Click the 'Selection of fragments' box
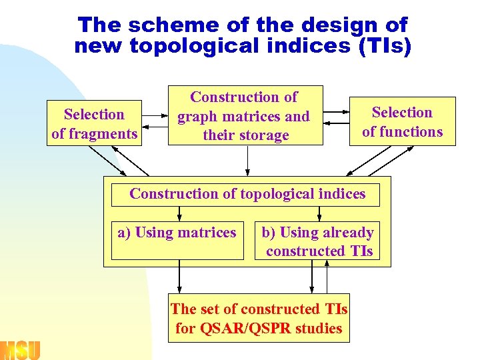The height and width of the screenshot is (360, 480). tap(94, 124)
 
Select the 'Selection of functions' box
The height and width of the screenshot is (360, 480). tap(402, 121)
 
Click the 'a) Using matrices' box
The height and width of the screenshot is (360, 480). tap(177, 240)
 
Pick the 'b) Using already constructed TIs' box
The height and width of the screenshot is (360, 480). tap(317, 241)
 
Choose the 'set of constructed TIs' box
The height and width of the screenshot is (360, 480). tap(259, 319)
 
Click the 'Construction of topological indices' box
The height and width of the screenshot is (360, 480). tap(247, 194)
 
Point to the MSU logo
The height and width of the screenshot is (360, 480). tap(20, 349)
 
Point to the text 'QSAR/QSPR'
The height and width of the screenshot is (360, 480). tap(247, 328)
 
